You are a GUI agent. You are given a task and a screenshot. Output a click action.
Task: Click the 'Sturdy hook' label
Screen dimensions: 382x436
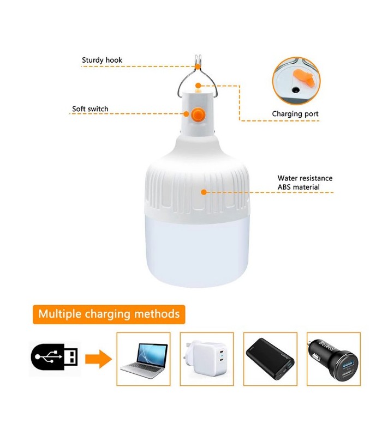coord(102,60)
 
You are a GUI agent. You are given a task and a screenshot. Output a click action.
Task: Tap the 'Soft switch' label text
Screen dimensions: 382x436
coord(90,108)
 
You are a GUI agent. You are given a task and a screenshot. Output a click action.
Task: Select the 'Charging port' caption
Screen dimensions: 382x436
coord(295,114)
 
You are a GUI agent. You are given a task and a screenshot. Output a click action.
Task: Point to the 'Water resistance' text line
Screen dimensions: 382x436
coord(305,178)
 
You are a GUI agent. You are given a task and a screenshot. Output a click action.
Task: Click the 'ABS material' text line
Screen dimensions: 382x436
coord(298,187)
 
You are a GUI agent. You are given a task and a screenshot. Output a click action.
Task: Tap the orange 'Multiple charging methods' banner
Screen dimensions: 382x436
coord(109,314)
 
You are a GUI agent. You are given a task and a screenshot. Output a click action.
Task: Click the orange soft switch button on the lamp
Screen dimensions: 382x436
coord(196,114)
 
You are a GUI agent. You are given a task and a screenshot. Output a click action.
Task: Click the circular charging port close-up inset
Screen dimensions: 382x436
coord(296,81)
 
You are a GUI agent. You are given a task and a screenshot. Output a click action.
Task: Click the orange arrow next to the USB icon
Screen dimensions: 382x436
coord(98,359)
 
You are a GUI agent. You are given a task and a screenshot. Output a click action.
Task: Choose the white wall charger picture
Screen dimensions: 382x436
coord(206,359)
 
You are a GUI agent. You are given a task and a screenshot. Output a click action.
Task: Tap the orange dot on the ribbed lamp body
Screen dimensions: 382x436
coord(204,192)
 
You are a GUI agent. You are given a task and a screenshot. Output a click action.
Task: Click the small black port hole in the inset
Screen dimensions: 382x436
coord(295,90)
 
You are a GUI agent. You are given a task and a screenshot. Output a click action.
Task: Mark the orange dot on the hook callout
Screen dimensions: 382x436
coord(198,66)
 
